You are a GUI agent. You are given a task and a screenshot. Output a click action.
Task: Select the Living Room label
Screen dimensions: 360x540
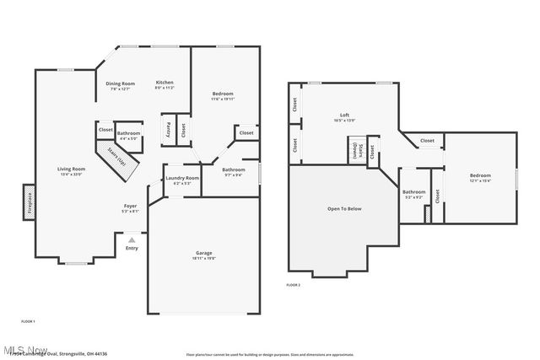click(x=70, y=170)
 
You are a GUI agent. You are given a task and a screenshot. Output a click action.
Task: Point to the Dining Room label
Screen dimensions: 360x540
click(x=120, y=84)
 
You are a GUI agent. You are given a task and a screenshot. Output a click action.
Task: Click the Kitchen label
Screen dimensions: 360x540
click(x=165, y=84)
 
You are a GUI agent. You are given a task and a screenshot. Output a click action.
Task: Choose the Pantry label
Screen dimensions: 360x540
click(x=168, y=131)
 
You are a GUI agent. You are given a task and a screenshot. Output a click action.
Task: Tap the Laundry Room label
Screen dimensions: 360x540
click(x=182, y=179)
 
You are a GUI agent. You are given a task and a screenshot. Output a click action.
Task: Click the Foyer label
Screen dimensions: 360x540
click(x=131, y=207)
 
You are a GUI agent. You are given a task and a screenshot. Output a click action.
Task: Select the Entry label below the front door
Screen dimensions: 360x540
click(x=132, y=248)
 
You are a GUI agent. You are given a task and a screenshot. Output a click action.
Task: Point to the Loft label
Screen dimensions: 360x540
click(x=344, y=116)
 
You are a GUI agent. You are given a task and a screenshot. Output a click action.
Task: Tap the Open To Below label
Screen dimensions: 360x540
click(x=343, y=208)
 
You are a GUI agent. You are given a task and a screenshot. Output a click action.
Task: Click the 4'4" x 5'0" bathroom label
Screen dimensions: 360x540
click(x=128, y=135)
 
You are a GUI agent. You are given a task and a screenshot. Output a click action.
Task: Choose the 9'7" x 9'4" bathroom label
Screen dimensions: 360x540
click(x=233, y=171)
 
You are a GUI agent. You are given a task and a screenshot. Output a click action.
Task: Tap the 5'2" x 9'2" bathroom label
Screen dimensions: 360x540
click(x=413, y=193)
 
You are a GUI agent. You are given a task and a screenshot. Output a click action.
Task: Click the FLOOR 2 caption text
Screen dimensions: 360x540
click(x=293, y=286)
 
